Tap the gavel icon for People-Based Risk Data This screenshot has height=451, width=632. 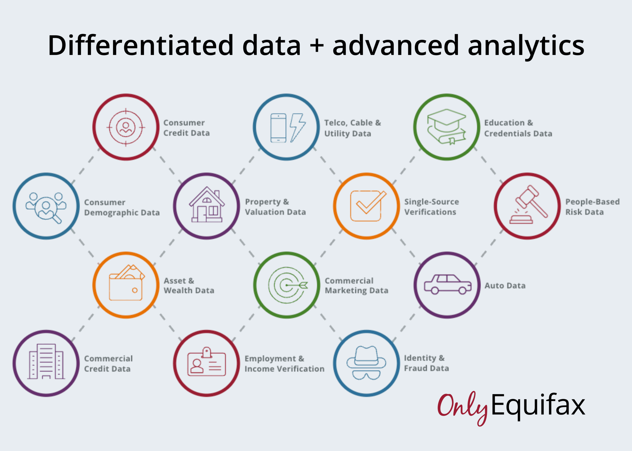pos(528,204)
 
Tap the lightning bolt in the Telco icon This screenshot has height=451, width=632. pos(297,128)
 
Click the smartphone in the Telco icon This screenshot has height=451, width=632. pos(278,128)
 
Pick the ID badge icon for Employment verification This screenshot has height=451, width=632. pos(207,361)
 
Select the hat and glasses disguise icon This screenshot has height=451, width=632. pos(366,363)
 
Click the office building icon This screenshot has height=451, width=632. pos(46,361)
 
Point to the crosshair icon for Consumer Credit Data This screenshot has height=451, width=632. pos(126,127)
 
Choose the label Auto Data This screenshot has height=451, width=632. pos(505,286)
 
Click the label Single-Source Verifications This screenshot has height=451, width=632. pos(432,207)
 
